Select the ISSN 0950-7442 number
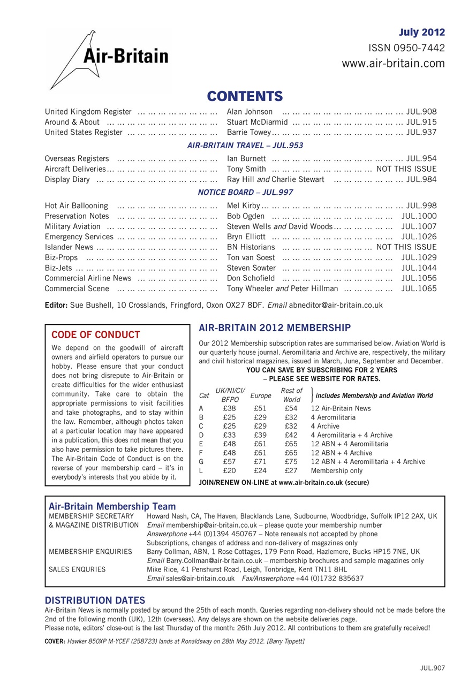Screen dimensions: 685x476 406,48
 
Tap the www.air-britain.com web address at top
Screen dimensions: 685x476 393,64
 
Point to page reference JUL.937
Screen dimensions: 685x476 421,132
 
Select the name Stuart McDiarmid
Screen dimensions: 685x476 257,122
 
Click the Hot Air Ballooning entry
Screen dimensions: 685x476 77,205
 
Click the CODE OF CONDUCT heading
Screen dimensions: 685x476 95,335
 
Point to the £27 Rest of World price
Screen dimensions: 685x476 291,471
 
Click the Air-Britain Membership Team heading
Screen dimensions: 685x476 112,506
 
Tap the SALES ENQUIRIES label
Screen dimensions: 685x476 77,569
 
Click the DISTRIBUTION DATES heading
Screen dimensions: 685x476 95,600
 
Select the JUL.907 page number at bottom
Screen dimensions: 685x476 432,668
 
